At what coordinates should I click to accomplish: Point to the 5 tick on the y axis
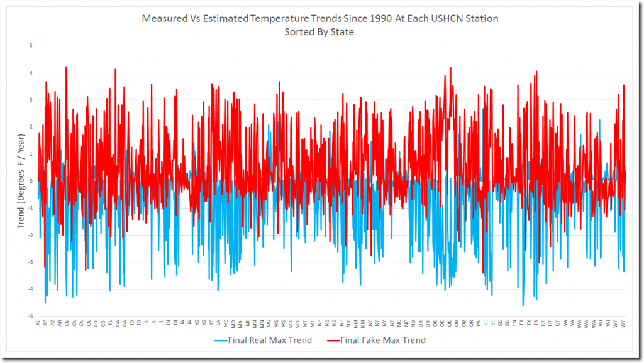31,46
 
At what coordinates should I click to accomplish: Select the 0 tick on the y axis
31,181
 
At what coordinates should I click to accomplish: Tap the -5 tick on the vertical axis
30,317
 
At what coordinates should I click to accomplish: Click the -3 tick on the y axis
30,263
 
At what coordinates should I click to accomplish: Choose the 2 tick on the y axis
31,127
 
